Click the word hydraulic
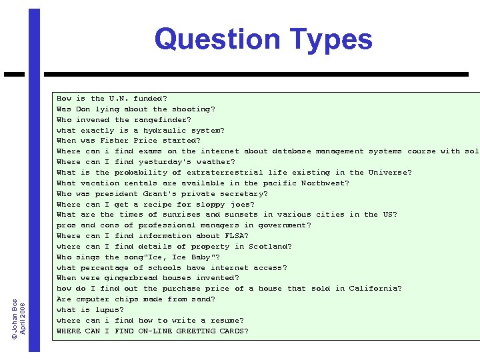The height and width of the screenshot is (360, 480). (x=161, y=131)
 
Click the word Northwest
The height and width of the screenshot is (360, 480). (x=325, y=183)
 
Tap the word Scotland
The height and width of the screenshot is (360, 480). (x=270, y=247)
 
